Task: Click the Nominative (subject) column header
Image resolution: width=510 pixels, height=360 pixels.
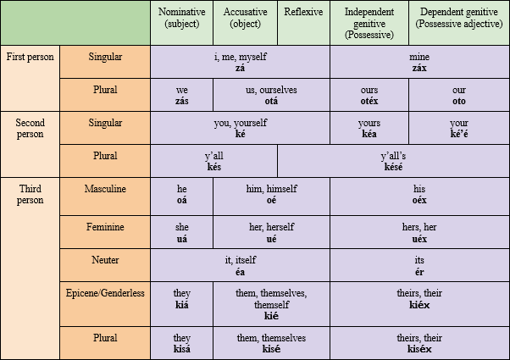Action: click(x=181, y=24)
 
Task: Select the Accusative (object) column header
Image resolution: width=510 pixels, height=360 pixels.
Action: click(x=244, y=24)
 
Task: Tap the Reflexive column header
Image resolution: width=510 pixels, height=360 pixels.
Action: click(x=303, y=24)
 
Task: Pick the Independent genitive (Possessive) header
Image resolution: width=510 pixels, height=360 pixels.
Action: click(x=369, y=24)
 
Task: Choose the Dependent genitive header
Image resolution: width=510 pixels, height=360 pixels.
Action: click(x=458, y=24)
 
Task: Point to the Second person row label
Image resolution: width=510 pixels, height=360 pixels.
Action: click(x=30, y=128)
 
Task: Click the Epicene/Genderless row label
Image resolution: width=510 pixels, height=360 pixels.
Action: click(x=105, y=293)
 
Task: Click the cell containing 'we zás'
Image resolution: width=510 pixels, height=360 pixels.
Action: click(x=181, y=95)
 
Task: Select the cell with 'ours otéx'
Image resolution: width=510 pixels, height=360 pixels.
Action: click(x=369, y=95)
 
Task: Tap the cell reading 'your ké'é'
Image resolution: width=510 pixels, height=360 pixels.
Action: click(x=458, y=128)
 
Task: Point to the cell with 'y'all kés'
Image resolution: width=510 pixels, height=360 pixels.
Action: click(x=213, y=161)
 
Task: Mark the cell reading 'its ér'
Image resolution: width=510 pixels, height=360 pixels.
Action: click(x=419, y=264)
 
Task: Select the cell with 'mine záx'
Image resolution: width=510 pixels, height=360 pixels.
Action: click(x=419, y=62)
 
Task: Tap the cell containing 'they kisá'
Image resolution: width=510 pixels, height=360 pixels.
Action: click(x=181, y=342)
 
